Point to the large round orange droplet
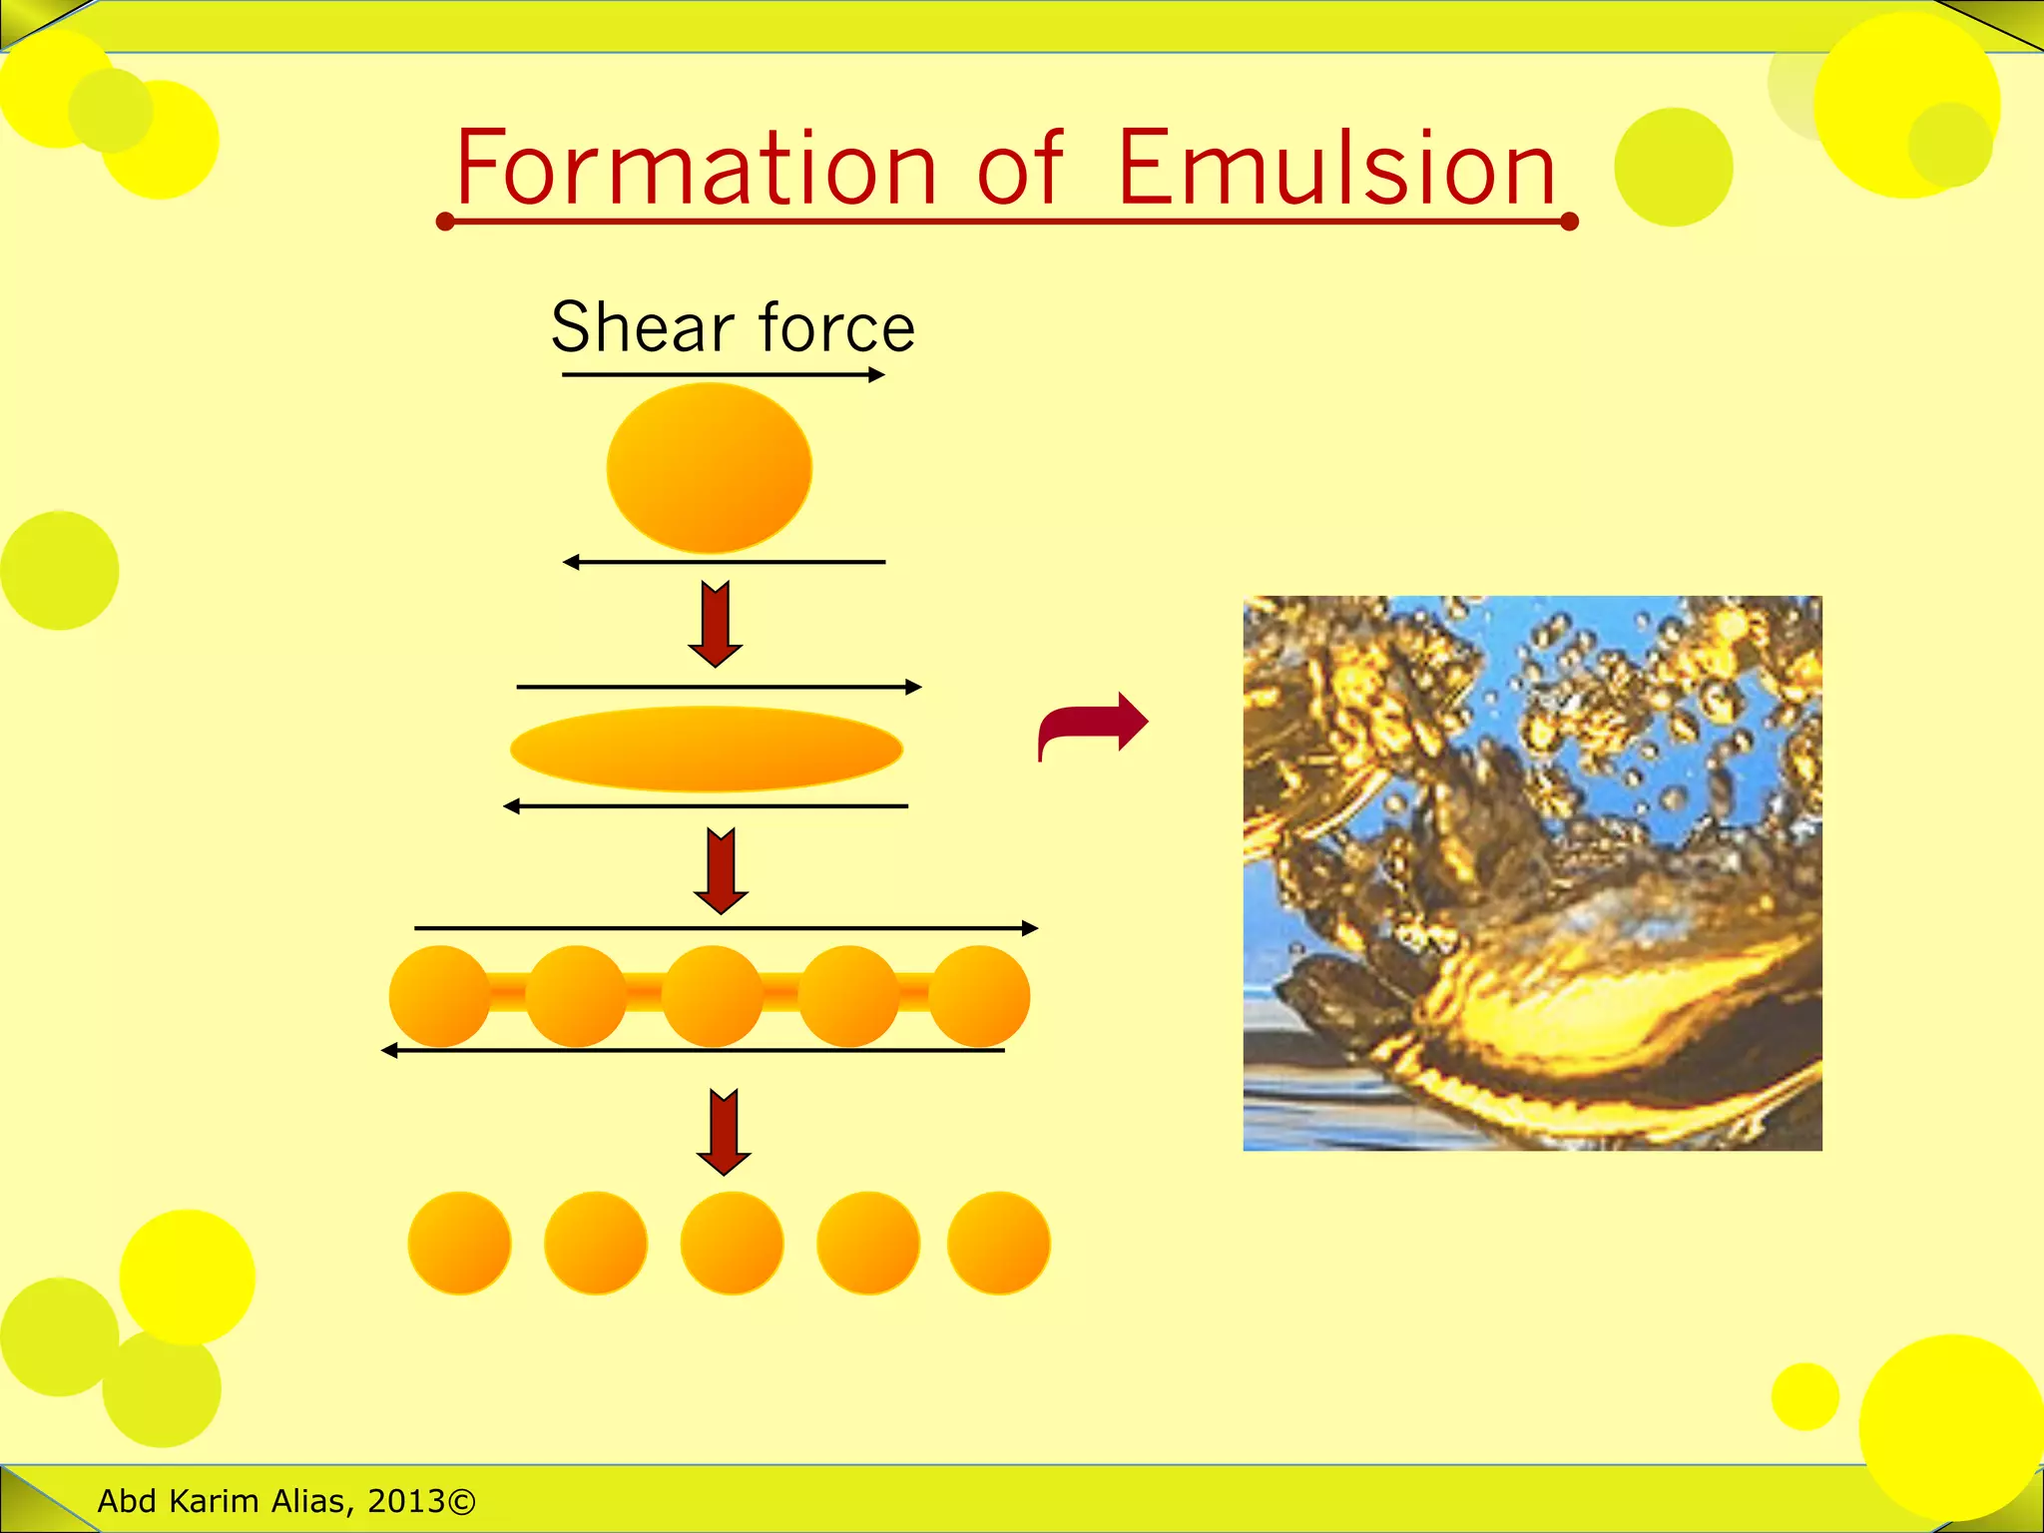coord(710,468)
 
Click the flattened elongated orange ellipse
coord(707,749)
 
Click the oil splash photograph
coord(1532,873)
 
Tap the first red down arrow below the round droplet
coord(716,623)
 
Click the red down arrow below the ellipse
coord(721,870)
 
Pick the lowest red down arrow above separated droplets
coord(724,1132)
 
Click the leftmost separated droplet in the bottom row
coord(459,1243)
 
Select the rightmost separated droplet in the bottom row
coord(998,1243)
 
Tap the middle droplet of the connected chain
coord(712,996)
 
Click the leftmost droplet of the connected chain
coord(439,996)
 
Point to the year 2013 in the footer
coord(406,1501)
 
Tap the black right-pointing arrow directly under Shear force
coord(724,375)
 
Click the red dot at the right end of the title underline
coord(1568,222)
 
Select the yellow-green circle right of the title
coord(1673,167)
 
